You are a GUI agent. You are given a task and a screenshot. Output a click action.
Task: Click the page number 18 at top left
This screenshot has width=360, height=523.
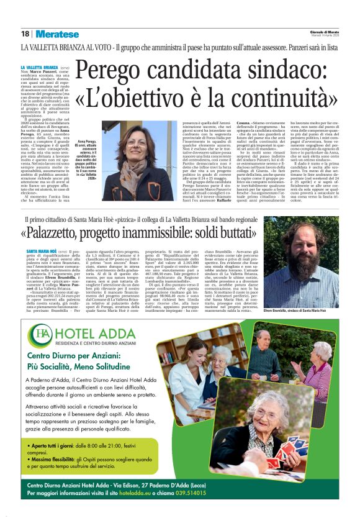(x=25, y=34)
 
